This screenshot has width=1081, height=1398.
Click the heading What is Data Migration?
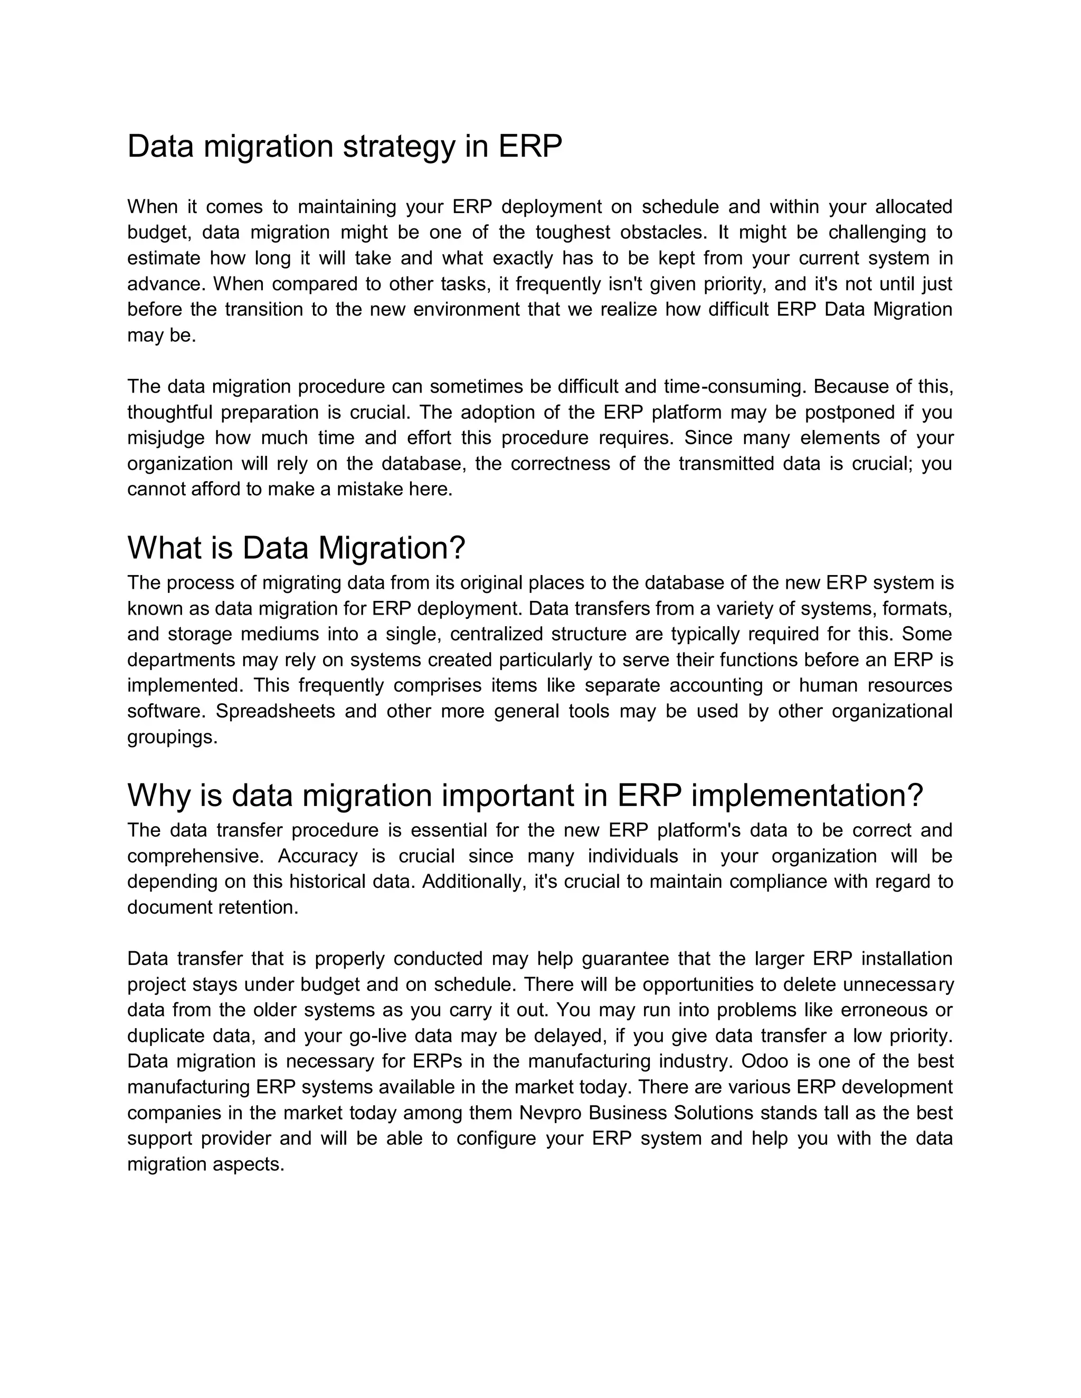(x=296, y=548)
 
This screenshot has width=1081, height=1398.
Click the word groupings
(x=172, y=737)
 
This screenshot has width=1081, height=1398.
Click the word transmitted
(x=726, y=463)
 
